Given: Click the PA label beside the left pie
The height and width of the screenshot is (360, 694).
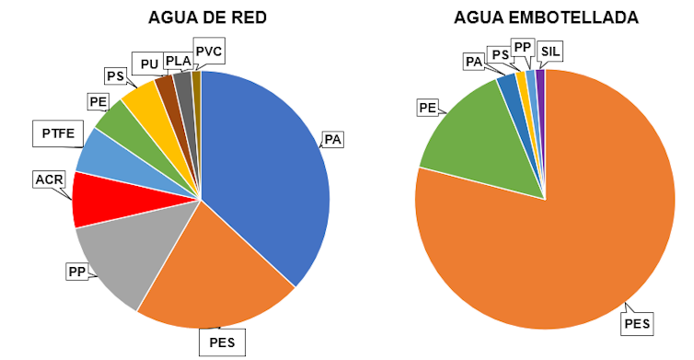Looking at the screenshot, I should click(x=332, y=140).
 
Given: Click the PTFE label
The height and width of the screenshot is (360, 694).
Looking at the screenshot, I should click(x=56, y=133).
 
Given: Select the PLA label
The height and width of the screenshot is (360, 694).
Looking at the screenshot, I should click(x=179, y=63).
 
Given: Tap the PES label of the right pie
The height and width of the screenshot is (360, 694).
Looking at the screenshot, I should click(x=637, y=323).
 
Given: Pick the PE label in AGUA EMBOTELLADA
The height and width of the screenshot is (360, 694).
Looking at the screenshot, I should click(x=427, y=108).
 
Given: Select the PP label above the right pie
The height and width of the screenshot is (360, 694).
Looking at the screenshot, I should click(x=522, y=46).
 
